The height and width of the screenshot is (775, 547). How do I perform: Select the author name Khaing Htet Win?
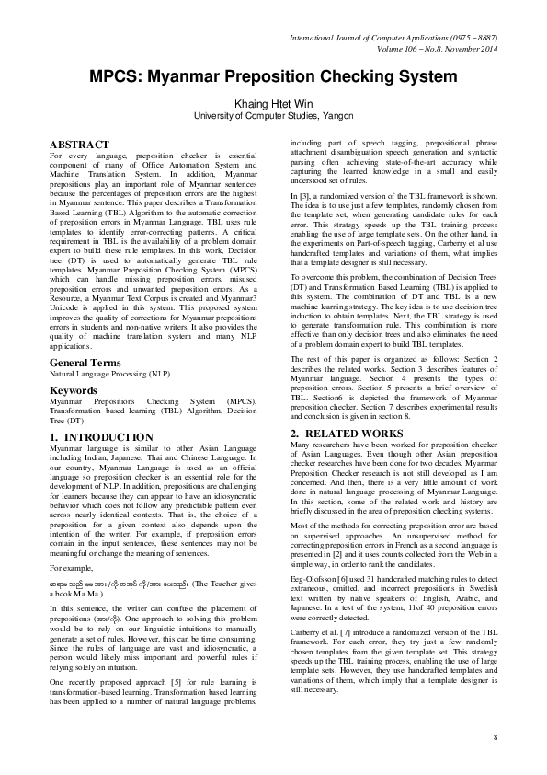(273, 104)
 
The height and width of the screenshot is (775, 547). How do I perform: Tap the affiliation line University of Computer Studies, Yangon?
(273, 117)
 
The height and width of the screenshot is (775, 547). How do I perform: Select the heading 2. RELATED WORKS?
(347, 433)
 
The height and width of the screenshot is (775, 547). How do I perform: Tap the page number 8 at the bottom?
(495, 737)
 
